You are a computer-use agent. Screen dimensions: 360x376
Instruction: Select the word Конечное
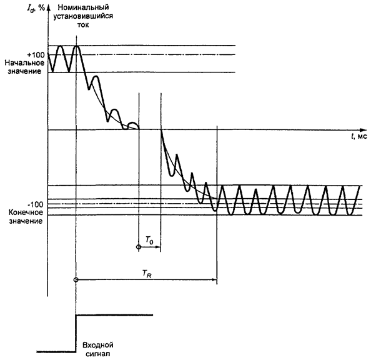pyautogui.click(x=22, y=212)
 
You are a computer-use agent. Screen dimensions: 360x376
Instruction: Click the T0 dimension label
pyautogui.click(x=149, y=239)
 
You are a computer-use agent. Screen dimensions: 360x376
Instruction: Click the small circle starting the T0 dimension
pyautogui.click(x=138, y=248)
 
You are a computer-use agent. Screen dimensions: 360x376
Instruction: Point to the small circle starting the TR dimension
pyautogui.click(x=76, y=280)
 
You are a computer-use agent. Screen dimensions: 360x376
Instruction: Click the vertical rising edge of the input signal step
pyautogui.click(x=76, y=332)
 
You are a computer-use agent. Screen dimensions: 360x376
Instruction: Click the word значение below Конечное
pyautogui.click(x=22, y=221)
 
